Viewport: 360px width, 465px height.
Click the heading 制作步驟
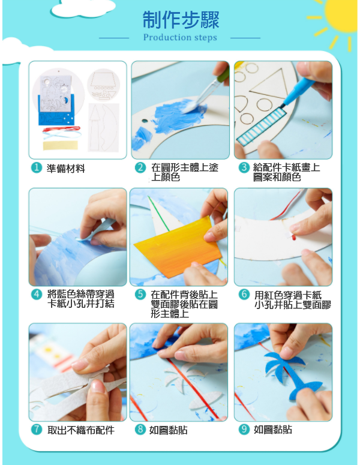[x=181, y=20]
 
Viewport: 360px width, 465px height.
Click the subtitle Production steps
[x=180, y=38]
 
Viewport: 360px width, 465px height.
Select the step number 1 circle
[x=37, y=168]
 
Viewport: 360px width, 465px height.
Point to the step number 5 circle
[x=140, y=295]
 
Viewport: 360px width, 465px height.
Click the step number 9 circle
[x=244, y=430]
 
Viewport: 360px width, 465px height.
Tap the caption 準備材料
[x=66, y=169]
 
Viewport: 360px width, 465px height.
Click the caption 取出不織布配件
[x=80, y=430]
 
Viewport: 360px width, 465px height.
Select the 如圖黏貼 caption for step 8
[x=168, y=430]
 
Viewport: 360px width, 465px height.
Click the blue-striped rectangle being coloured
[x=262, y=127]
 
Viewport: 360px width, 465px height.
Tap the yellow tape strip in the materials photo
[x=61, y=145]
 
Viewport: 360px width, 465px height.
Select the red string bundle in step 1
[x=61, y=129]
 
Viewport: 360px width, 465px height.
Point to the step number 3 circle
[x=244, y=167]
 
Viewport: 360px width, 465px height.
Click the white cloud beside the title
[x=83, y=8]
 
